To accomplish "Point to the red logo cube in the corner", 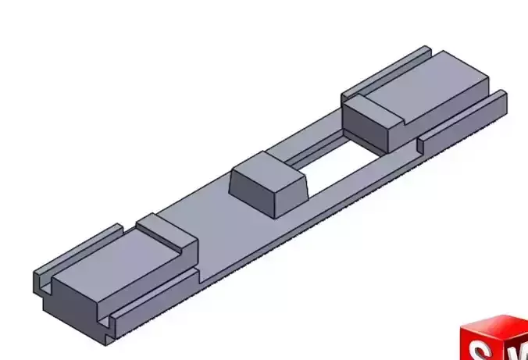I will pyautogui.click(x=492, y=340).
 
